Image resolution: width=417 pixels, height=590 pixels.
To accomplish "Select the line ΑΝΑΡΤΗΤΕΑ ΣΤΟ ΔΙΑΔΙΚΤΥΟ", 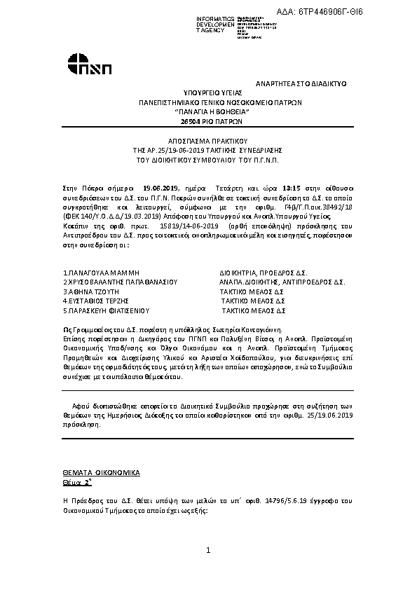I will (300, 83).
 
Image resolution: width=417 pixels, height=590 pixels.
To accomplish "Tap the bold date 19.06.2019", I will (161, 188).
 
